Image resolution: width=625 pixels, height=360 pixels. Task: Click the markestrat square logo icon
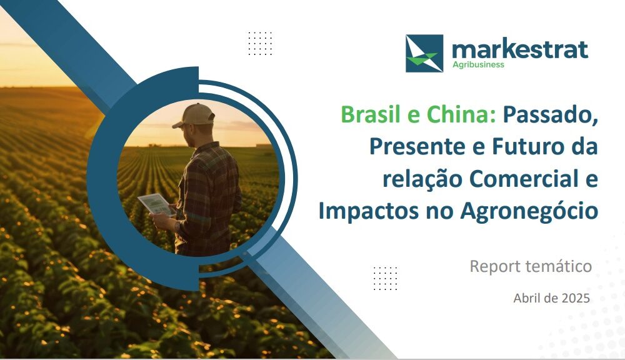coord(424,53)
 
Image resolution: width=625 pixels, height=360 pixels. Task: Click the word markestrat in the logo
coord(520,50)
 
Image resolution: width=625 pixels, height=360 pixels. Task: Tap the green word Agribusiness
coord(478,64)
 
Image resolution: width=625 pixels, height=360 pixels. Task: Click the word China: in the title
coord(462,115)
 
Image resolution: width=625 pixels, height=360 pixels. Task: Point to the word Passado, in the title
coord(551,116)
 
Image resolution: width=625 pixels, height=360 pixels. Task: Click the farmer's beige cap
coord(194,115)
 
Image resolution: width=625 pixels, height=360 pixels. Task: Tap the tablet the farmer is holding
coord(157,204)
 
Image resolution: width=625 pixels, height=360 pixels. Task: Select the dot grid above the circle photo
coord(260,44)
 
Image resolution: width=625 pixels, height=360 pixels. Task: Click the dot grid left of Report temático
coord(385,278)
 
